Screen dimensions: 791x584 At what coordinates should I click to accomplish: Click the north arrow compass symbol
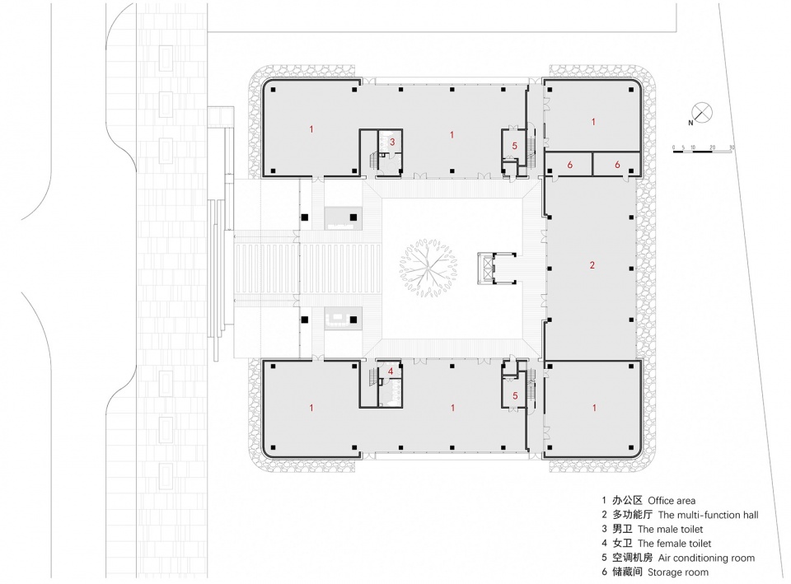702,112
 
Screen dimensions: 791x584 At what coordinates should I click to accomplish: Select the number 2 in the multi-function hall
592,265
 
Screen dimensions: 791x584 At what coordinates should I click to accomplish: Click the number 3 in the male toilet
392,142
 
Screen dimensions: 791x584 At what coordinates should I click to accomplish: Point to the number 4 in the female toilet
391,371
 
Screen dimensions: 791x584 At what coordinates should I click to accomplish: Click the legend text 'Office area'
672,501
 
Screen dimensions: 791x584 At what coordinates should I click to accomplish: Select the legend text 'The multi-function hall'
709,515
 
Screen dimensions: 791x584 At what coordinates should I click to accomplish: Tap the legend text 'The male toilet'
670,529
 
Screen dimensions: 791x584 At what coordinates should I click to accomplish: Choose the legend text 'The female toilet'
675,544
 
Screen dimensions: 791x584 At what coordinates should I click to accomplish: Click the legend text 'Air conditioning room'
706,558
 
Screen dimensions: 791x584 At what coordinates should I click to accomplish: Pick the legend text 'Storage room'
678,572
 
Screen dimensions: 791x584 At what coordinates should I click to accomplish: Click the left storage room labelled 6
569,165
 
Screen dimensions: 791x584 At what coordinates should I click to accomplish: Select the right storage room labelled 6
617,165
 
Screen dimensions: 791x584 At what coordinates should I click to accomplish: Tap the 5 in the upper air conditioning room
514,146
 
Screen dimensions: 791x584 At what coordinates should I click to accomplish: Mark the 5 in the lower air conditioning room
515,396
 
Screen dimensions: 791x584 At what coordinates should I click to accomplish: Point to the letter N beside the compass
690,123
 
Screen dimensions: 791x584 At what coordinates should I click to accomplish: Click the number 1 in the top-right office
594,122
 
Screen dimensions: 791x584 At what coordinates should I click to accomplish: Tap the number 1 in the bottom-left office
311,408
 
